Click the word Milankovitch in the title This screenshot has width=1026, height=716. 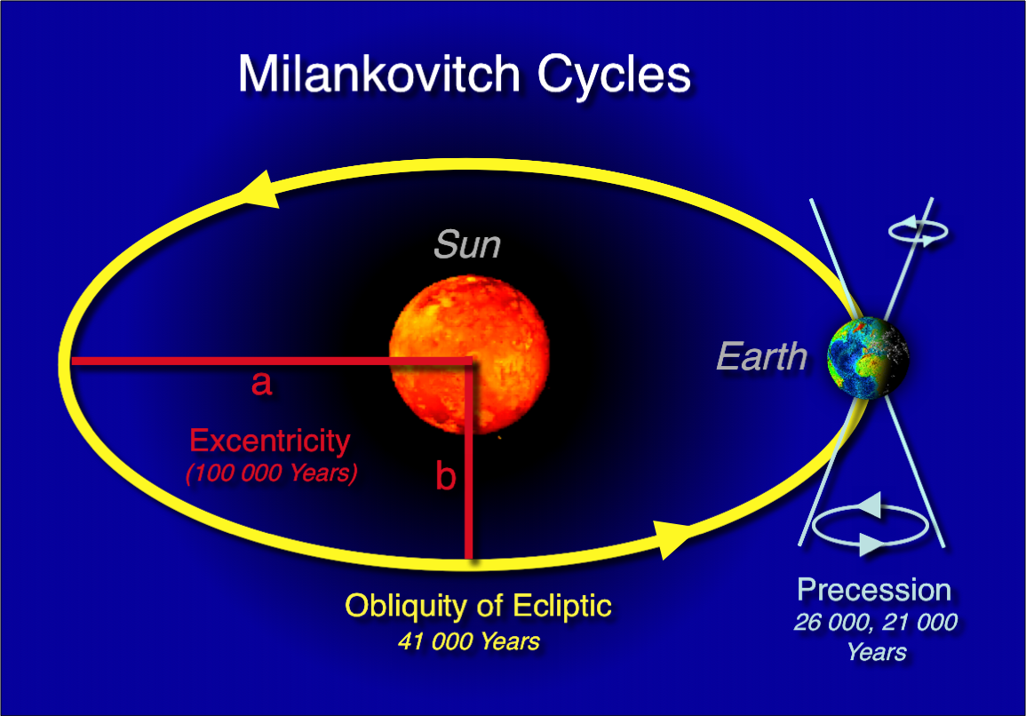pyautogui.click(x=378, y=74)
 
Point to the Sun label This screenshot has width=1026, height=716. pyautogui.click(x=467, y=244)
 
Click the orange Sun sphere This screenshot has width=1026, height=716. pyautogui.click(x=469, y=354)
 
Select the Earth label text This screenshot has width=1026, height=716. pyautogui.click(x=761, y=357)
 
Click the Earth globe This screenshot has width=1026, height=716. pyautogui.click(x=868, y=357)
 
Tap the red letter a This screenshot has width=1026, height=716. pyautogui.click(x=261, y=383)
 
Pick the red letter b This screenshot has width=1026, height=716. pyautogui.click(x=446, y=476)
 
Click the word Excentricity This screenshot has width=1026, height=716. pyautogui.click(x=269, y=441)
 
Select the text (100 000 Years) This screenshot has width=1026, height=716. pyautogui.click(x=272, y=473)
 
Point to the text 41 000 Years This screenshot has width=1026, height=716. pyautogui.click(x=468, y=641)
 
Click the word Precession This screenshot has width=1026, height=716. pyautogui.click(x=874, y=591)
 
